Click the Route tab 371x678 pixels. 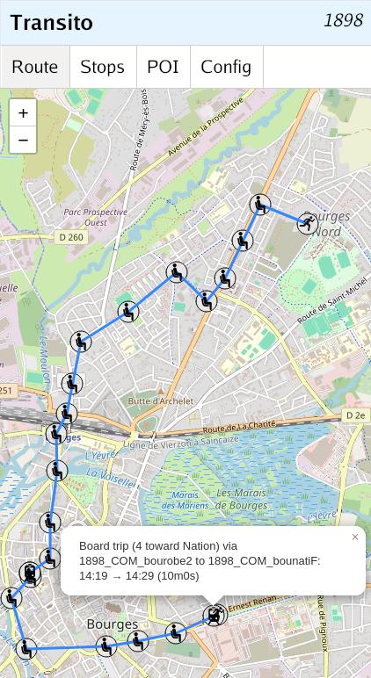(x=35, y=67)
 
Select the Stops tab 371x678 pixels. (x=102, y=67)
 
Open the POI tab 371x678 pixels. (x=163, y=67)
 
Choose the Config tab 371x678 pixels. (x=226, y=67)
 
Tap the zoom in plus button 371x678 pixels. (x=23, y=112)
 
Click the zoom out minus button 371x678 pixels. (x=23, y=140)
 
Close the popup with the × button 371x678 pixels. (x=355, y=537)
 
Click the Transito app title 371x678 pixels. (x=52, y=22)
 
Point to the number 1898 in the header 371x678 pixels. (x=343, y=20)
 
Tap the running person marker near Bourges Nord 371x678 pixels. (x=307, y=223)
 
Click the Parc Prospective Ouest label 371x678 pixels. (x=96, y=217)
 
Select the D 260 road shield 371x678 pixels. (x=70, y=237)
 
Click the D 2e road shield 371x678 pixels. (x=355, y=415)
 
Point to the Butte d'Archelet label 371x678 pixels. (x=160, y=401)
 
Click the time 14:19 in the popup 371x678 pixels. (x=93, y=576)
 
